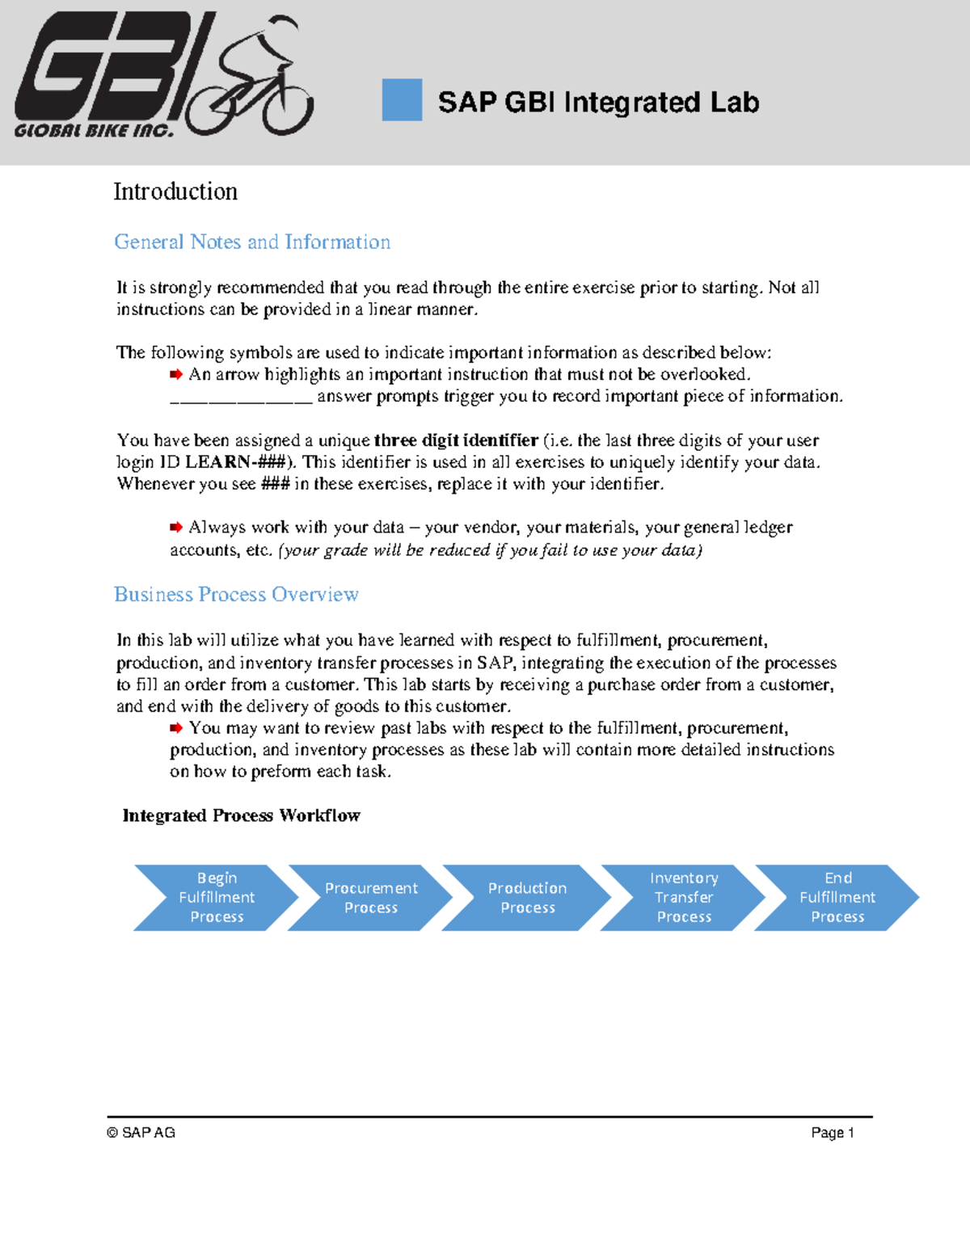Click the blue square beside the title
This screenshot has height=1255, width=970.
click(x=402, y=99)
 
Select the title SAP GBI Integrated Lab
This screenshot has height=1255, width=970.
click(x=598, y=103)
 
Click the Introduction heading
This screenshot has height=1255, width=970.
click(x=175, y=192)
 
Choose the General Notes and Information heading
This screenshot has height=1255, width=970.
click(x=252, y=242)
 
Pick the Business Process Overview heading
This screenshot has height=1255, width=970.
click(x=236, y=594)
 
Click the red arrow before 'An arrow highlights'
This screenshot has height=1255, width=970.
click(x=176, y=374)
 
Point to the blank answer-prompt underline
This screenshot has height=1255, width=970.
click(x=240, y=398)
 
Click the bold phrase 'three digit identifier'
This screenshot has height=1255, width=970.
click(x=456, y=440)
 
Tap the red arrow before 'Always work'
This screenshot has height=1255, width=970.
click(x=176, y=527)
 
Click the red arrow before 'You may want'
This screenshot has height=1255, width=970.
click(x=176, y=727)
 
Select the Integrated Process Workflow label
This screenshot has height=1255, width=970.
click(x=241, y=815)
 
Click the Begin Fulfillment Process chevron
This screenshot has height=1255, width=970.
click(x=216, y=897)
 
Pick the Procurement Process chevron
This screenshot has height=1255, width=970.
click(x=371, y=897)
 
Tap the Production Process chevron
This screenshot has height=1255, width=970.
click(x=527, y=897)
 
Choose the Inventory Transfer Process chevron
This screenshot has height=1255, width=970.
click(x=684, y=897)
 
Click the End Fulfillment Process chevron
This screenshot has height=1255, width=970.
click(x=837, y=897)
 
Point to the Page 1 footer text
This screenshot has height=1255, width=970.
click(x=832, y=1132)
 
